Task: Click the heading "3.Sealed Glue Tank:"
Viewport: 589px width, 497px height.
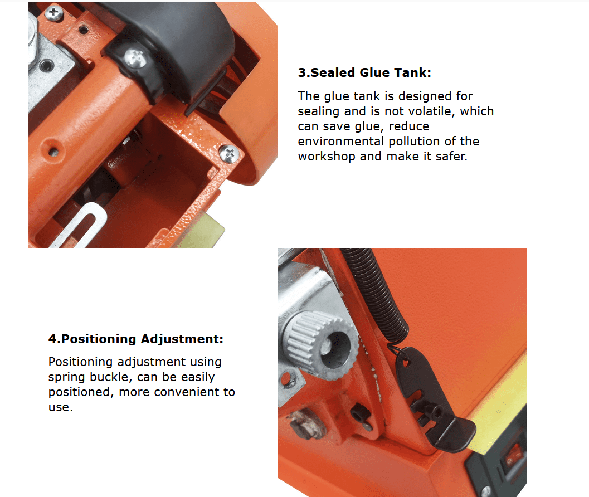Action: pos(364,72)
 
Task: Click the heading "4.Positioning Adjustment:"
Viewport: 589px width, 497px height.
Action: pos(135,339)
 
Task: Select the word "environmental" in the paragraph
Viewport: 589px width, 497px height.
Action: pos(340,142)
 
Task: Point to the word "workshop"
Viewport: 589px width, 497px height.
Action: pos(327,156)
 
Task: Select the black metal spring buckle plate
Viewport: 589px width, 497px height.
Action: pos(432,399)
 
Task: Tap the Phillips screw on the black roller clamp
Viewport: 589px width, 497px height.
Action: pos(135,58)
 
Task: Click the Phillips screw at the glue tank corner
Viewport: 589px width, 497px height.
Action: pos(229,154)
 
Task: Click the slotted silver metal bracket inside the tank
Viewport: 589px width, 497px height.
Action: pos(80,226)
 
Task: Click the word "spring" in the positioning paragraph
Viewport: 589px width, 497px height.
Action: pos(66,377)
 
